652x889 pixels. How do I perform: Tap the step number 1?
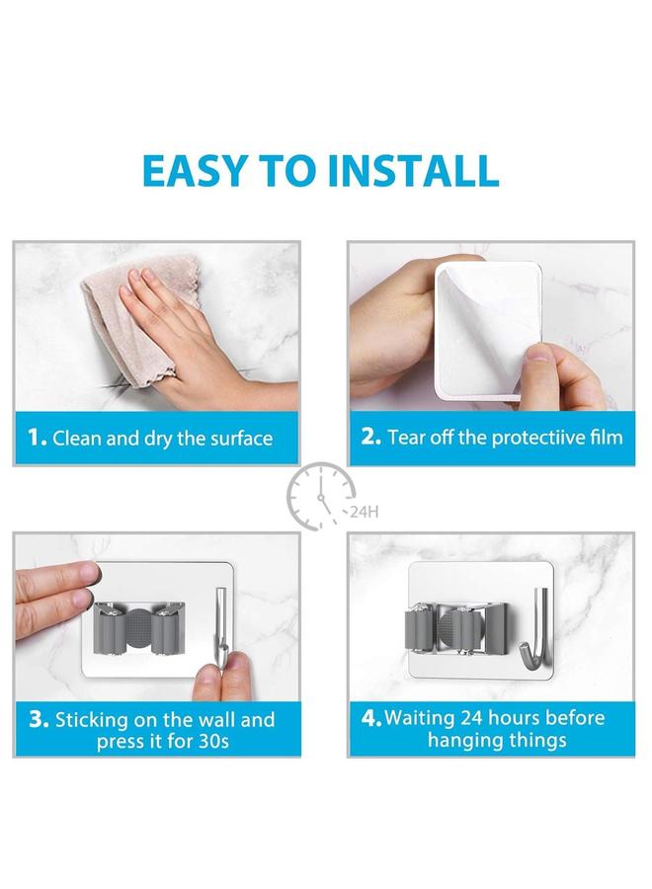(37, 438)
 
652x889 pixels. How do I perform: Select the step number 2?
(370, 437)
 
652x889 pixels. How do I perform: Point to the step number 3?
(39, 719)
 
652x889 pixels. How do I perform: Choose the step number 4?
(371, 718)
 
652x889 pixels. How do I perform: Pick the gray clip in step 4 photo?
(450, 633)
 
